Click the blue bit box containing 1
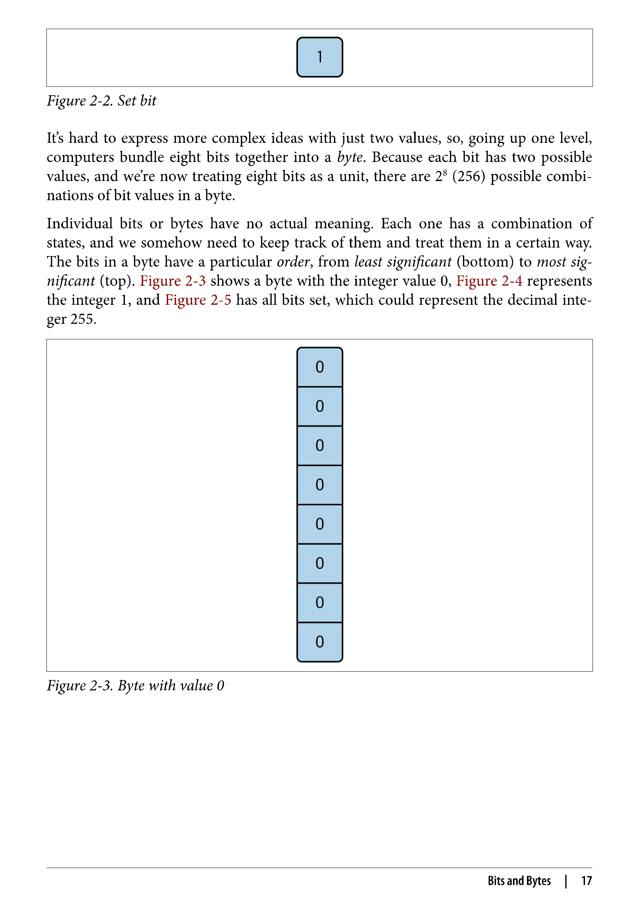319,57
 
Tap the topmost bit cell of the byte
319,367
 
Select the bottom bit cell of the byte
319,642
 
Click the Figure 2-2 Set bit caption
102,101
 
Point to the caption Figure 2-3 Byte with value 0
135,686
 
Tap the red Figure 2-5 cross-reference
198,300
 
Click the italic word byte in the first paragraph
349,157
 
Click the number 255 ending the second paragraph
83,319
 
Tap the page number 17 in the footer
586,880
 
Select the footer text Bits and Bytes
519,880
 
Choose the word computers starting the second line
80,157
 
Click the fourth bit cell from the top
319,485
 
